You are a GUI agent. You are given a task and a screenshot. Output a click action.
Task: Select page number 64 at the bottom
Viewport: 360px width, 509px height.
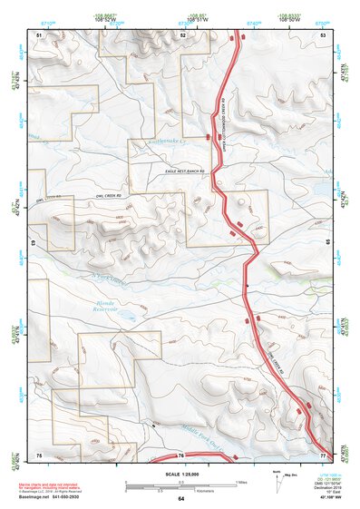pyautogui.click(x=180, y=499)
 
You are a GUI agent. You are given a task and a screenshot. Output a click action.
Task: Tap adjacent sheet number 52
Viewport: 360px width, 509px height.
pyautogui.click(x=182, y=34)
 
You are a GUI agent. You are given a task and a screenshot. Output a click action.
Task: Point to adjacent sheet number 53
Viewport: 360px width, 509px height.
pyautogui.click(x=323, y=34)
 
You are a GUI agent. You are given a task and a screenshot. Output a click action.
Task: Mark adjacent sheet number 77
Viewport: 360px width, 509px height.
pyautogui.click(x=323, y=453)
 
